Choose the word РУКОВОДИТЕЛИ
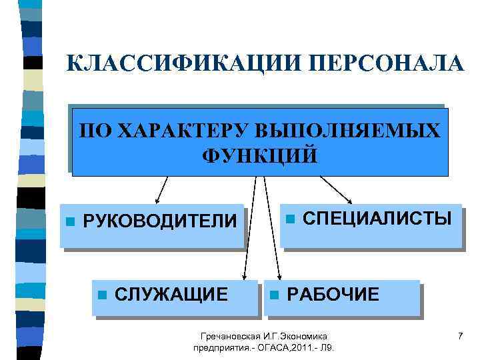tap(159, 221)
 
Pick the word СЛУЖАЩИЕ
tap(171, 294)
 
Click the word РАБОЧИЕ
tap(333, 294)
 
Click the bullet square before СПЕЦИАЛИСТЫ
tap(289, 219)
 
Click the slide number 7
tap(460, 337)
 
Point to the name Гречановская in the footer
tap(230, 337)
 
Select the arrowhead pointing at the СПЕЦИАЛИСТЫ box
tap(351, 199)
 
